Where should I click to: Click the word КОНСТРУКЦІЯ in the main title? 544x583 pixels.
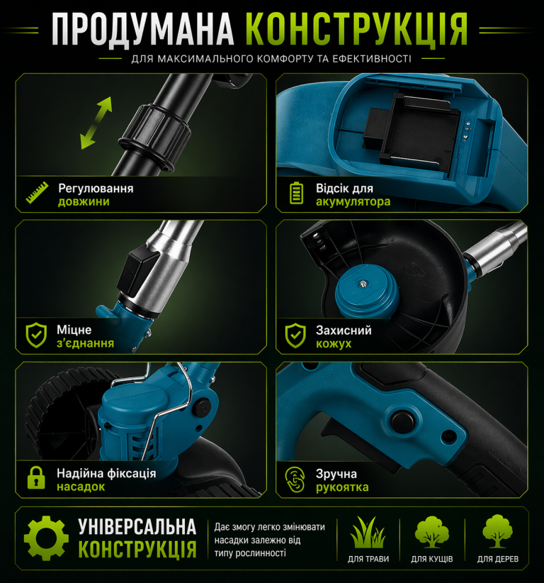[356, 29]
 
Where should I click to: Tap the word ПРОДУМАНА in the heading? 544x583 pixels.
[143, 29]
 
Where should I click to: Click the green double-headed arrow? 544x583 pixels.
[96, 123]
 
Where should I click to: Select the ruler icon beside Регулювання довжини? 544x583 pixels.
[37, 193]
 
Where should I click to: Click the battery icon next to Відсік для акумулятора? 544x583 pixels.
[296, 193]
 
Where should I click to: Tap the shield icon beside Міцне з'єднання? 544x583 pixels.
[36, 335]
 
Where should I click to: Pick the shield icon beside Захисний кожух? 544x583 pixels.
[295, 335]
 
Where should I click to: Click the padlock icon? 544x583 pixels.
[36, 478]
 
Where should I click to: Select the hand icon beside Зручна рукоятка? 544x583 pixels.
[295, 479]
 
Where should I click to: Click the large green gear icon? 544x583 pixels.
[46, 538]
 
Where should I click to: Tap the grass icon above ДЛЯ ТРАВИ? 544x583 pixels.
[368, 532]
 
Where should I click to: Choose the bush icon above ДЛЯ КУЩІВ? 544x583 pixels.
[431, 532]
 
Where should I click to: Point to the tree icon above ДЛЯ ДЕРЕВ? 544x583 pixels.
[497, 531]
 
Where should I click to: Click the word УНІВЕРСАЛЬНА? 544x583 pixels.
[137, 527]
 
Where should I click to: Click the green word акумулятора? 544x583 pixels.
[353, 201]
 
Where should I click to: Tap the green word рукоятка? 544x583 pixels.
[342, 487]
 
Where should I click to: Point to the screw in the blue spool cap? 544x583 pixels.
[363, 284]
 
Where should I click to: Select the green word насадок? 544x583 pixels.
[81, 487]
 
